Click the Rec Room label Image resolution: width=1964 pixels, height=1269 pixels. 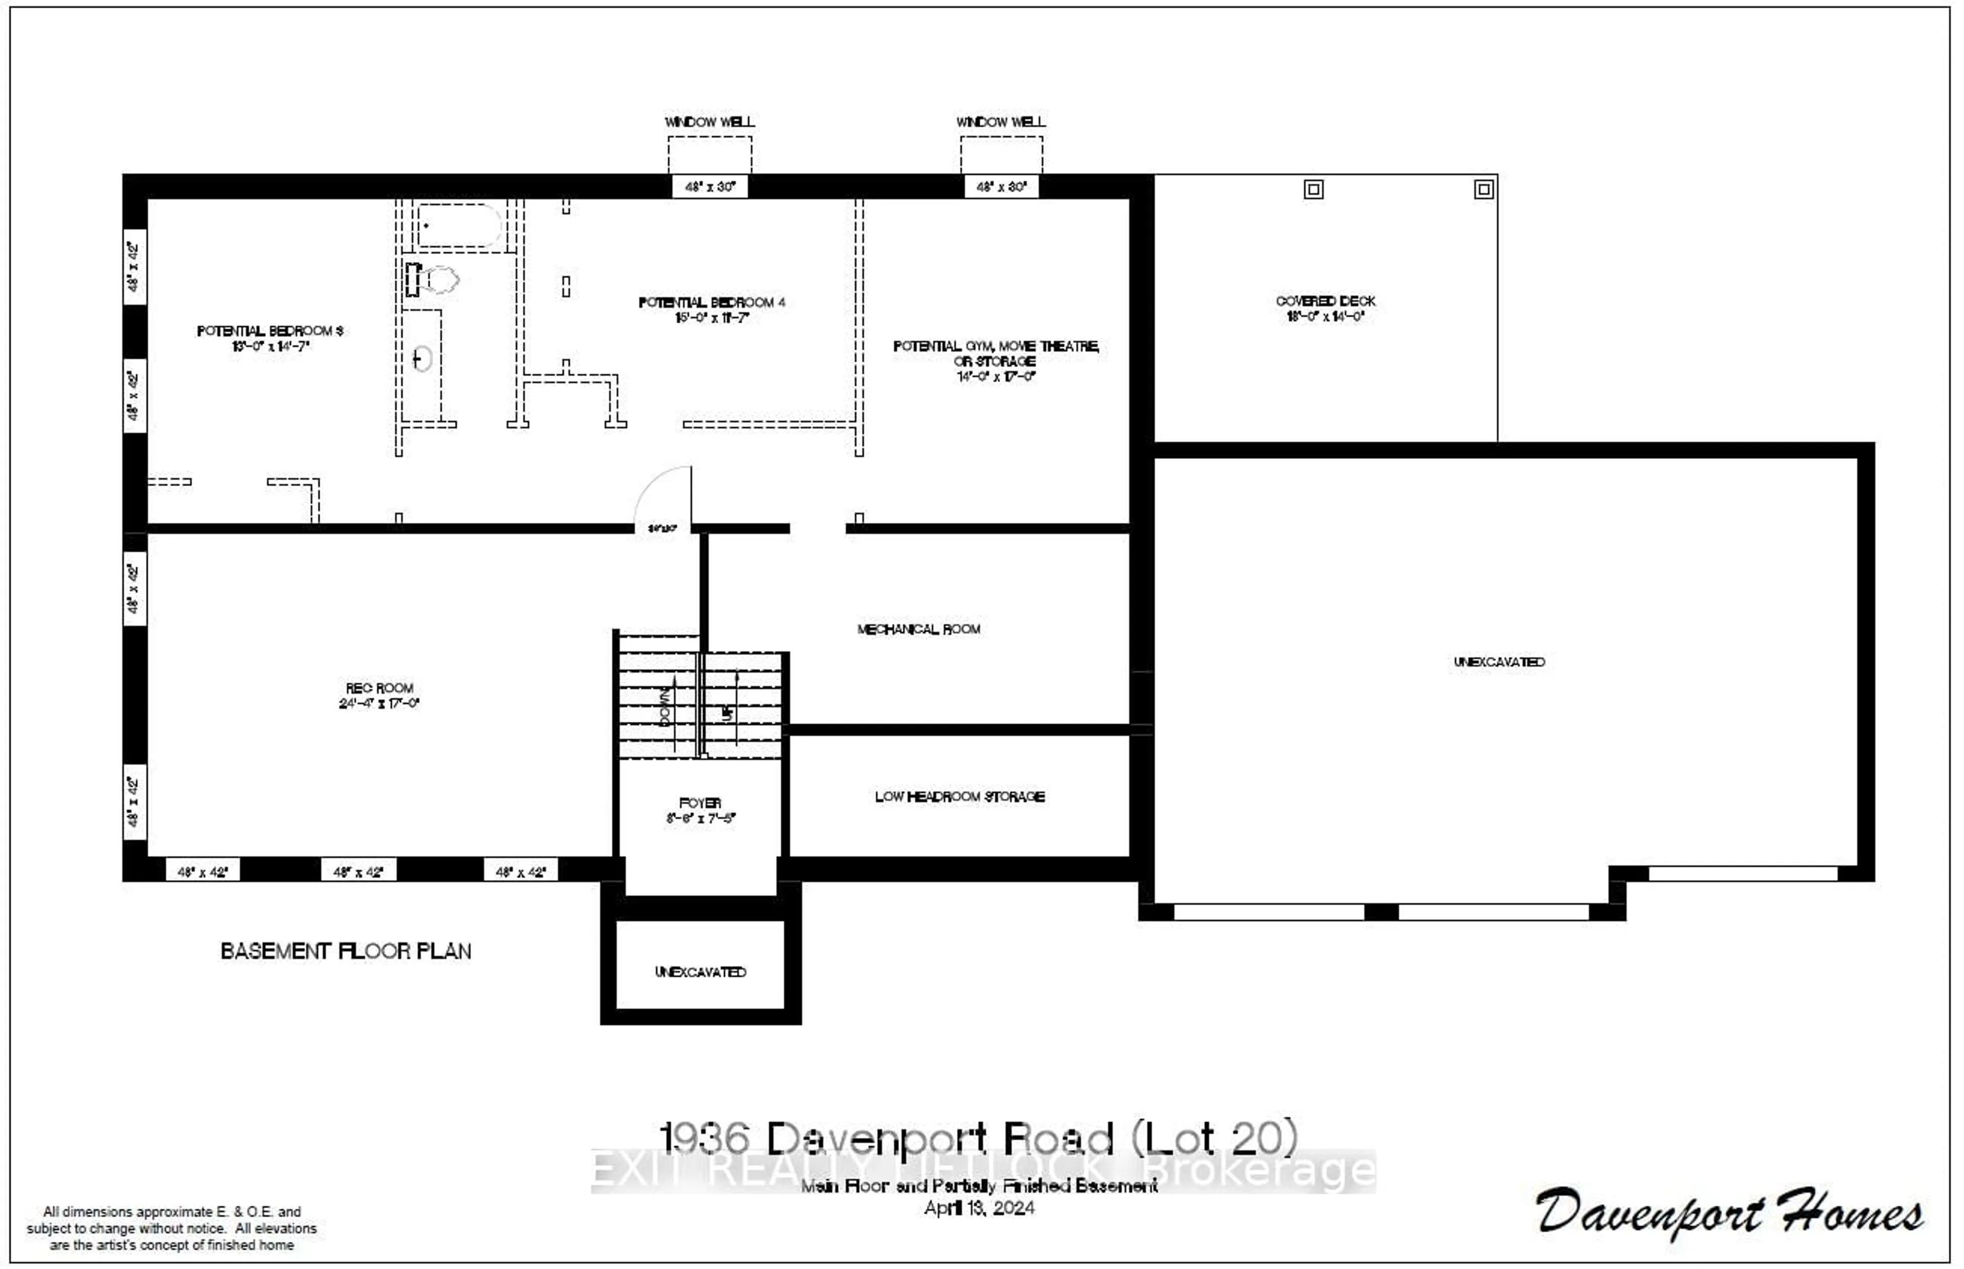tap(379, 688)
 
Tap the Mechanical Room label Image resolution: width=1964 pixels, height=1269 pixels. tap(919, 630)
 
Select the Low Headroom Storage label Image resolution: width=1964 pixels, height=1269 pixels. tap(960, 797)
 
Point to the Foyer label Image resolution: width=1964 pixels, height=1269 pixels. tap(700, 803)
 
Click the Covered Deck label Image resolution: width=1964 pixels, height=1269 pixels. tap(1326, 302)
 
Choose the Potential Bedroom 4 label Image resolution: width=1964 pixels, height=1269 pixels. tap(712, 302)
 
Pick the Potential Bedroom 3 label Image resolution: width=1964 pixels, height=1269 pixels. tap(270, 331)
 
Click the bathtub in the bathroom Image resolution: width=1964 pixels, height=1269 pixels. tap(459, 225)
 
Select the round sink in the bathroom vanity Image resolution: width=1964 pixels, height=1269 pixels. tap(422, 359)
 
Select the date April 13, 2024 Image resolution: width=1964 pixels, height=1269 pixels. tap(979, 1208)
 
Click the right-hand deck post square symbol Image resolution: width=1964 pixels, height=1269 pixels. tap(1484, 190)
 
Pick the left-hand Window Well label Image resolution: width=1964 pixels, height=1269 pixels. tap(709, 122)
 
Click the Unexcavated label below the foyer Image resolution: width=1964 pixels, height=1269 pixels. tap(700, 972)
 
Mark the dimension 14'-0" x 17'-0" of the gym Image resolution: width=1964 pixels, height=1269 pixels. tap(996, 376)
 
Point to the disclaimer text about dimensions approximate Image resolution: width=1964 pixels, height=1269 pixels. tap(171, 1228)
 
